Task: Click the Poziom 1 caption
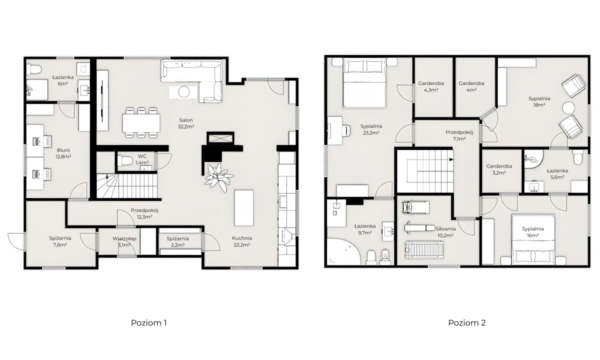click(x=148, y=323)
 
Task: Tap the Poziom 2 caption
click(x=467, y=323)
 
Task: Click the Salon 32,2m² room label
click(x=186, y=123)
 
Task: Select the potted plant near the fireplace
click(x=219, y=177)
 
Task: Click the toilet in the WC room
click(x=125, y=160)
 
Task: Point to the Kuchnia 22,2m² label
click(x=242, y=241)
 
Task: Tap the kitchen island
click(x=244, y=208)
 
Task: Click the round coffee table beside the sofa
click(x=184, y=92)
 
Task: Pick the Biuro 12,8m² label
click(x=63, y=153)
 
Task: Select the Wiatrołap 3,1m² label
click(x=124, y=241)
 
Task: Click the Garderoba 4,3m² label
click(x=431, y=86)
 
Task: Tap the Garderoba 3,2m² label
click(x=499, y=169)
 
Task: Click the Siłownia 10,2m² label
click(x=445, y=232)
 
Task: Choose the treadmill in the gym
click(x=424, y=250)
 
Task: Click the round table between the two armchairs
click(x=568, y=108)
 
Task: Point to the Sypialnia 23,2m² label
click(x=371, y=129)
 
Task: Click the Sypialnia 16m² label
click(x=533, y=232)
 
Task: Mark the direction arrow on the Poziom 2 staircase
click(x=451, y=159)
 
